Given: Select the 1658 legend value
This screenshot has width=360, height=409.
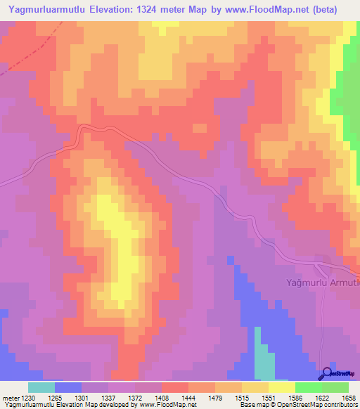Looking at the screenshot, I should [x=348, y=398].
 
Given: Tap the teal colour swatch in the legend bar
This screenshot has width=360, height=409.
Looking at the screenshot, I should [x=41, y=387].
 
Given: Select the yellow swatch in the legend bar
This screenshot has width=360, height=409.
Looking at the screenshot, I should [x=281, y=387].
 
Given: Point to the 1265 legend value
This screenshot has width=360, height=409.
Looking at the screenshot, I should [x=54, y=398].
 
